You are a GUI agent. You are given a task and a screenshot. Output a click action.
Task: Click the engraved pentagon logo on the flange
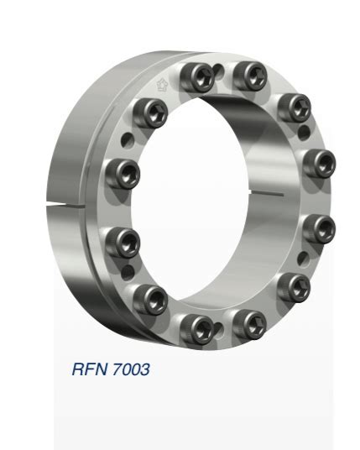point(163,85)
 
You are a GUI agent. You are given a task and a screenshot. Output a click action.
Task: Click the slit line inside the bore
point(276,194)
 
